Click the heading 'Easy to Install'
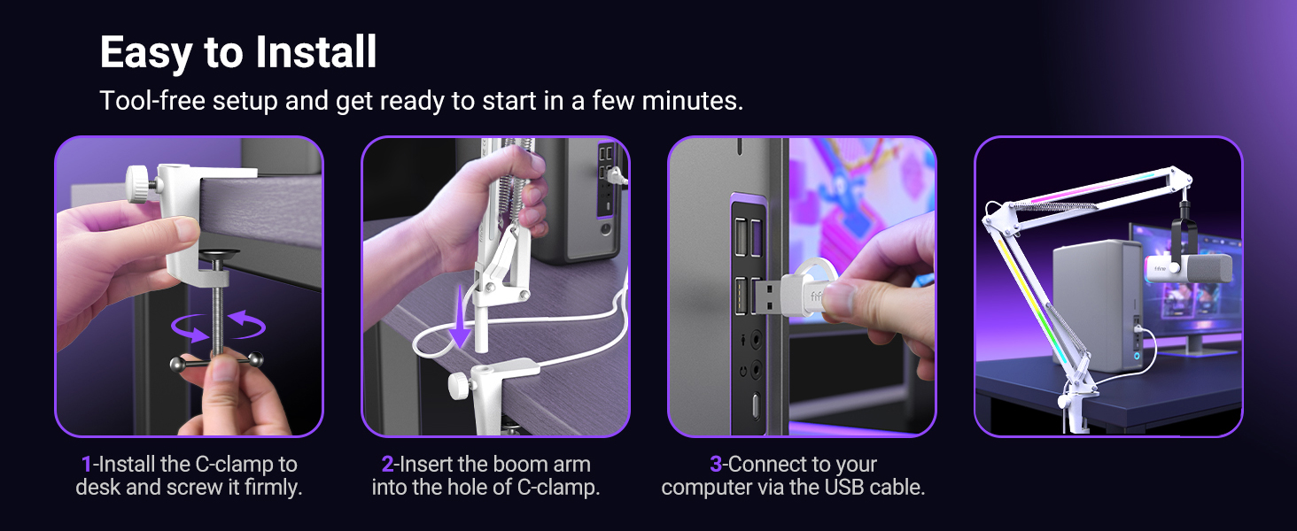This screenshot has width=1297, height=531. tap(238, 53)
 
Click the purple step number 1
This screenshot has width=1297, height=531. tap(86, 465)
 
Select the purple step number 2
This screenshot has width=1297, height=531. tap(387, 465)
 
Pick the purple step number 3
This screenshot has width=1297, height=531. tap(716, 465)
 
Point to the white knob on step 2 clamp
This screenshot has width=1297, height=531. tap(459, 385)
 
